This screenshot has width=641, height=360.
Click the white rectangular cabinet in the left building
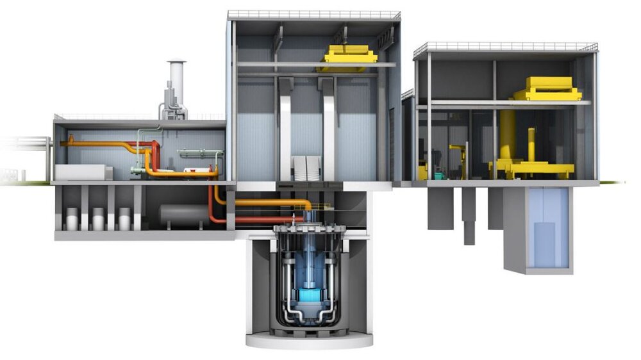click(82, 172)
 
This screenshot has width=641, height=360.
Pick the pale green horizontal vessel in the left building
click(199, 154)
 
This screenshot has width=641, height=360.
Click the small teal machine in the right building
click(438, 174)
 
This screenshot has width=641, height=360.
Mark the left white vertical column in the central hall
click(286, 128)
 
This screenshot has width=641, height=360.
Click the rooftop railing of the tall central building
click(313, 14)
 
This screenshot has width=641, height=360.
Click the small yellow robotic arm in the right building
click(458, 157)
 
